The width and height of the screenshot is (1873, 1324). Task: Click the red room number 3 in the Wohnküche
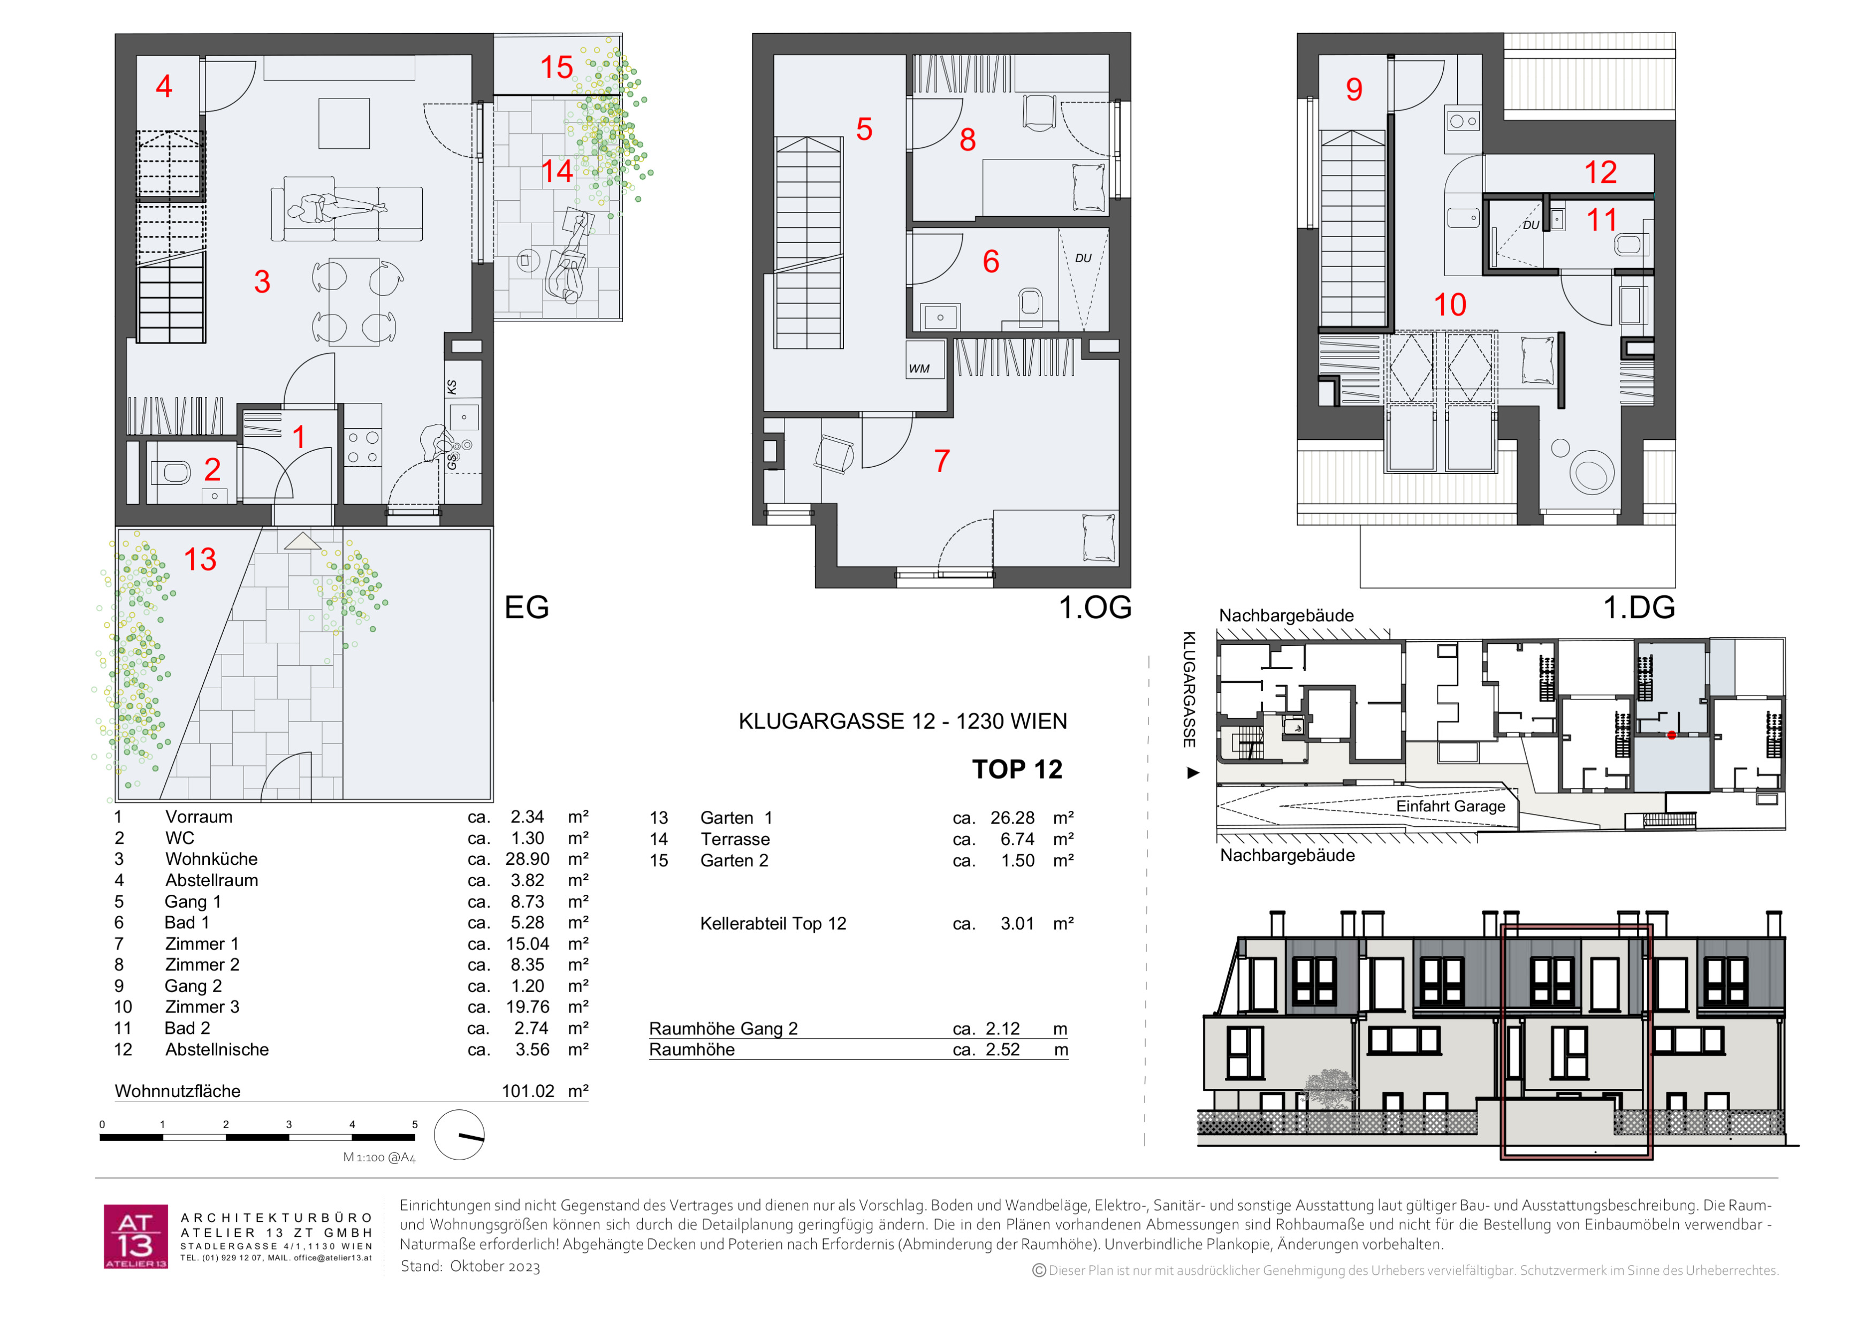262,281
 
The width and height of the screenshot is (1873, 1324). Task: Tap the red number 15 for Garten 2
557,67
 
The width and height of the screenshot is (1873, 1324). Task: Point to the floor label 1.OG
1095,607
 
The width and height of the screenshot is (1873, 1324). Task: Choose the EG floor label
526,607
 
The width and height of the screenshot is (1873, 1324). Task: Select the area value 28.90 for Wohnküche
527,859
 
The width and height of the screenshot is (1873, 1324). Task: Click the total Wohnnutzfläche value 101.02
528,1091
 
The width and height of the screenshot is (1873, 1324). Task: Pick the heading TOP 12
1017,769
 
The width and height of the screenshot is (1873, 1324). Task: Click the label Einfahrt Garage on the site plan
1450,806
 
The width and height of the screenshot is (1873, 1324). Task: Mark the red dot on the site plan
1671,735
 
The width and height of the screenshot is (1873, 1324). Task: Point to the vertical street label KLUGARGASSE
1190,689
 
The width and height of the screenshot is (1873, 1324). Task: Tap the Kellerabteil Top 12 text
773,924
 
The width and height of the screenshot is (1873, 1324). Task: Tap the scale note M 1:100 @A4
379,1158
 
